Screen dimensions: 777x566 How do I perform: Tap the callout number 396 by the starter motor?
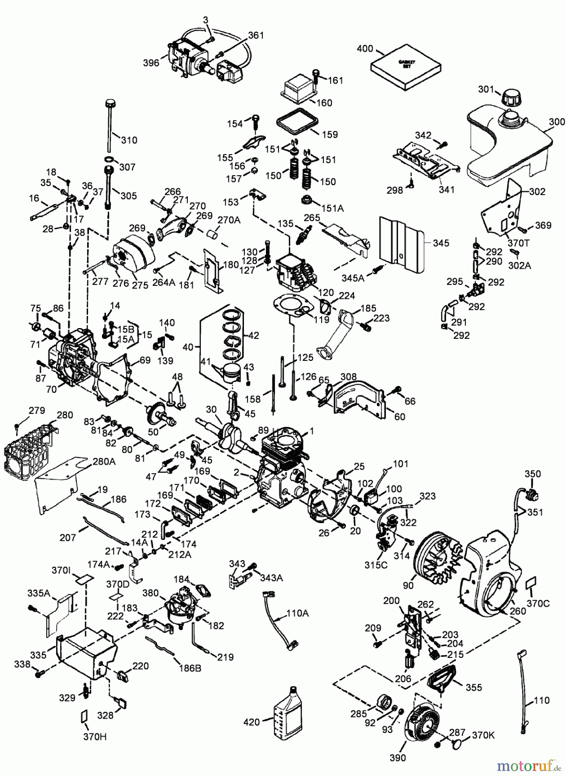pos(151,63)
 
